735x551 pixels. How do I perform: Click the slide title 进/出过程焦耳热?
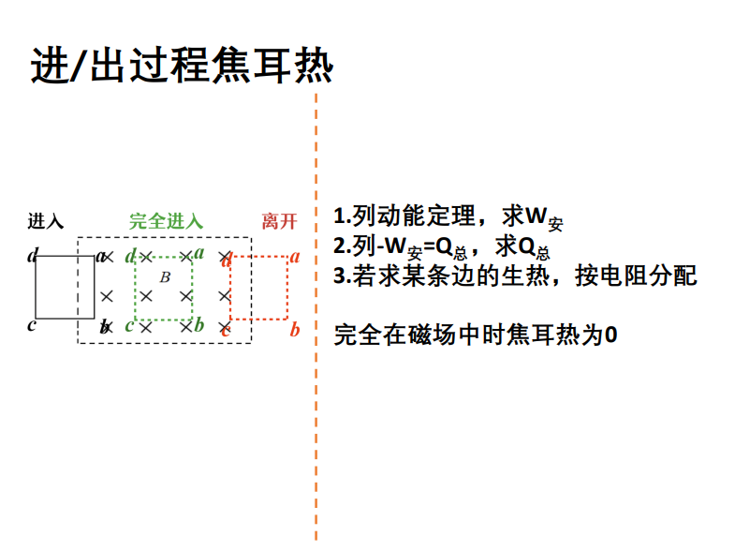coord(183,67)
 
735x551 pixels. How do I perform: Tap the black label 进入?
coord(45,222)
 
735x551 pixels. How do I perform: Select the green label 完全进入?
coord(166,222)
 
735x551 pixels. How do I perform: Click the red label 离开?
coord(279,222)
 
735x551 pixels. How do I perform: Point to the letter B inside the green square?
coord(165,276)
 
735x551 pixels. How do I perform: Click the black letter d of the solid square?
coord(32,255)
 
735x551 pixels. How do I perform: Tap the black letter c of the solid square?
coord(32,326)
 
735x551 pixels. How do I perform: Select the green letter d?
coord(130,256)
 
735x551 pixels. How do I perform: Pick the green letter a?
coord(199,253)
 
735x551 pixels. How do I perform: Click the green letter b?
coord(198,325)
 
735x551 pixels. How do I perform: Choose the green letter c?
coord(129,326)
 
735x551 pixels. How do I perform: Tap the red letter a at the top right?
coord(294,256)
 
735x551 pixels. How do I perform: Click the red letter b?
coord(294,329)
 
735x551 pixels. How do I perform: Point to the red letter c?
coord(226,327)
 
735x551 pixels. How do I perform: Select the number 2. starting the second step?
coord(341,246)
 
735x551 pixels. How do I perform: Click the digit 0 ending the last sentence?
coord(610,335)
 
